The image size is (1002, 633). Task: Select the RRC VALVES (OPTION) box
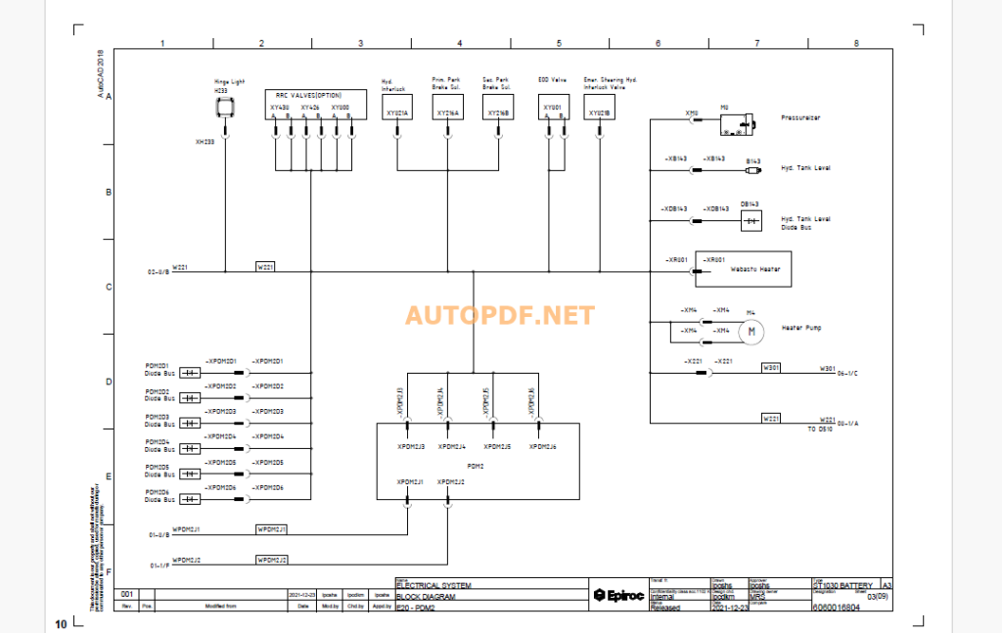(317, 105)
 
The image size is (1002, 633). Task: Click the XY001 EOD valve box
(554, 109)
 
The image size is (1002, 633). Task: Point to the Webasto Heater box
(743, 268)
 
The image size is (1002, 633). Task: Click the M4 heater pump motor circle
(751, 332)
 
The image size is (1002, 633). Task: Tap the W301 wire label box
(772, 368)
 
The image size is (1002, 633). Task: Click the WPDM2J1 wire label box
(271, 529)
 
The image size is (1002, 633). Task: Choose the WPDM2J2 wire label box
(271, 560)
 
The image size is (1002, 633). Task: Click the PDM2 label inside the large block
(477, 466)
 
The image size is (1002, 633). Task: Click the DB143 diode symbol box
(751, 222)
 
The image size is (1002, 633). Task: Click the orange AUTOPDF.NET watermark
(499, 316)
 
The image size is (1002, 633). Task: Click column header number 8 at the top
(856, 43)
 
